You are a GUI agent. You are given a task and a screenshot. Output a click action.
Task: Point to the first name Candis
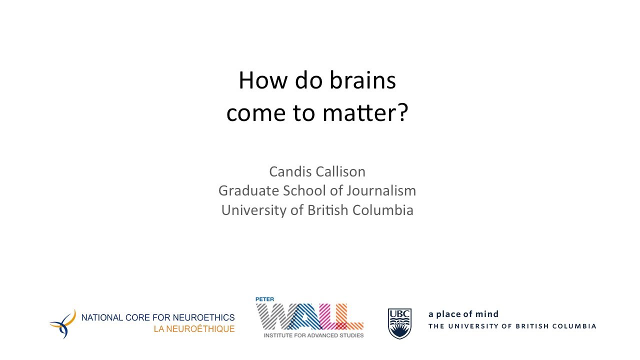click(290, 171)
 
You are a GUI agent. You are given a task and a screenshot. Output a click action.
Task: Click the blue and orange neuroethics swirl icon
click(63, 323)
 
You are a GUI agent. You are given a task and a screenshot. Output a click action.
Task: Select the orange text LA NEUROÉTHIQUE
click(194, 329)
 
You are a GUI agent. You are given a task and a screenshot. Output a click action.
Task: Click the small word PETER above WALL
click(265, 299)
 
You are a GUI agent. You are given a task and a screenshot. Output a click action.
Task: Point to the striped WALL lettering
click(309, 317)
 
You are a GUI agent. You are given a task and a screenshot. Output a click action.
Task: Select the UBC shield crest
click(399, 323)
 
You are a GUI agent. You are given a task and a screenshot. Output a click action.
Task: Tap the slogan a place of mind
click(463, 314)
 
